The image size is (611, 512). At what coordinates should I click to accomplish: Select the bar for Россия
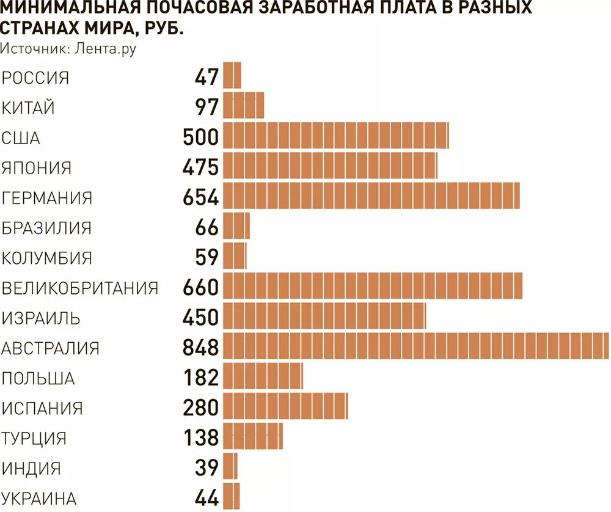click(232, 75)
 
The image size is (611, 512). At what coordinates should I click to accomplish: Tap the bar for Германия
click(371, 196)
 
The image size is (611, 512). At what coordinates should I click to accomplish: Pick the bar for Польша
click(263, 376)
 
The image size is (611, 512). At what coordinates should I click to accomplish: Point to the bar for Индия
click(230, 466)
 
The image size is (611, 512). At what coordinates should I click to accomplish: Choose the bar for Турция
click(253, 436)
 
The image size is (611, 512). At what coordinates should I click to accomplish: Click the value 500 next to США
click(200, 137)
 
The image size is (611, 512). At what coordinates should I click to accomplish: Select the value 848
click(200, 348)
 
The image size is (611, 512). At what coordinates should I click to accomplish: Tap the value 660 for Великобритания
click(200, 287)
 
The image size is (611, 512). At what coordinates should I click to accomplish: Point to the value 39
click(207, 468)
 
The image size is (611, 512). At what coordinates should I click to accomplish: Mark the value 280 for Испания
click(200, 408)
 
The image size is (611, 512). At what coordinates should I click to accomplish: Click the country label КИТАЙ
click(28, 108)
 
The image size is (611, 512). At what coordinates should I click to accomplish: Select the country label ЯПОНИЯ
click(37, 168)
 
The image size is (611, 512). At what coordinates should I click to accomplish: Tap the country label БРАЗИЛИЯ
click(46, 229)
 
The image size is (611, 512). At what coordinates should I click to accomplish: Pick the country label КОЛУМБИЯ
click(47, 258)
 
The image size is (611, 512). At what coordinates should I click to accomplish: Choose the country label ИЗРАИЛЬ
click(41, 318)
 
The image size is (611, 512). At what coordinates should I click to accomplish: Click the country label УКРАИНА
click(39, 499)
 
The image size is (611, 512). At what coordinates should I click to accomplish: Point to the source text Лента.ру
click(105, 49)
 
